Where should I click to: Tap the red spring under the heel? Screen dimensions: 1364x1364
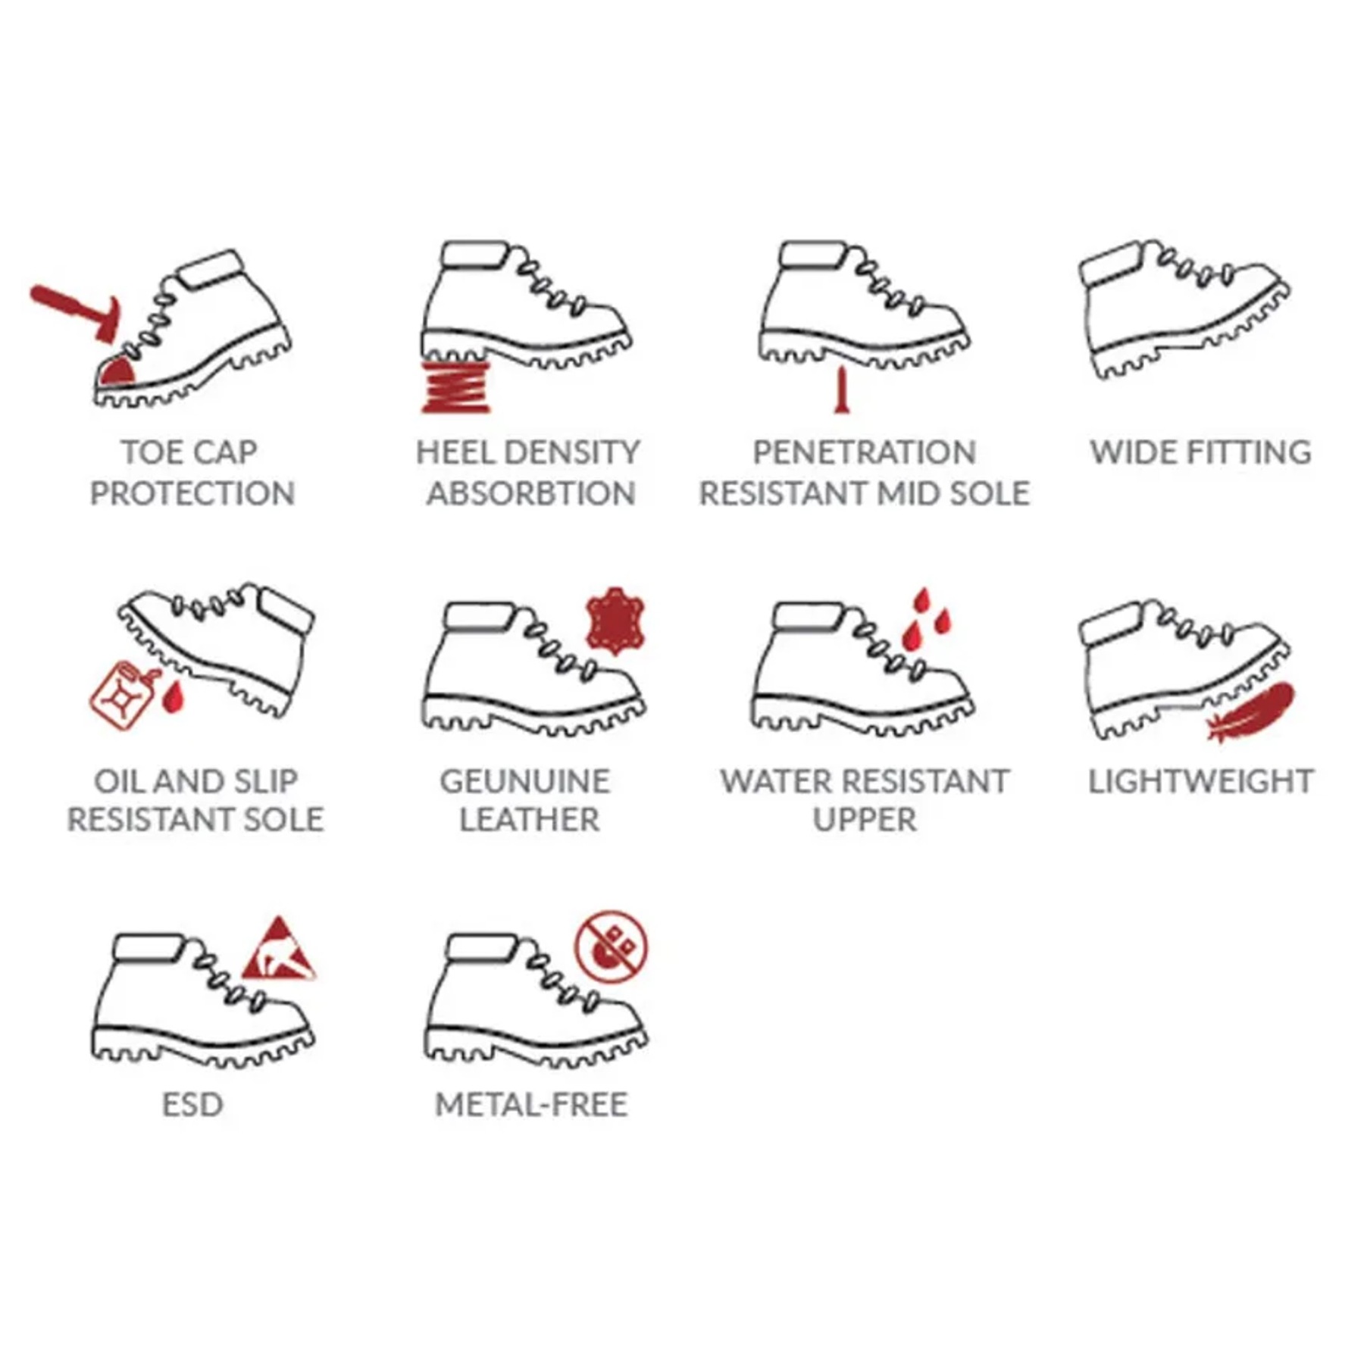[455, 387]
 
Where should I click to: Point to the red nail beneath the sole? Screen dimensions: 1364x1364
[840, 389]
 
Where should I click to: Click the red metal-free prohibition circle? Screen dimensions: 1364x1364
[611, 946]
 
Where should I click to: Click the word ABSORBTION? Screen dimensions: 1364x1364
[531, 493]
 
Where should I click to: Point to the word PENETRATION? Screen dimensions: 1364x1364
[865, 452]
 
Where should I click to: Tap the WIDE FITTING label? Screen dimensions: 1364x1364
[1200, 452]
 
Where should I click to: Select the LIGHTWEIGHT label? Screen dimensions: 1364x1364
[1201, 781]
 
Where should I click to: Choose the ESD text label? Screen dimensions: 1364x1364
[192, 1105]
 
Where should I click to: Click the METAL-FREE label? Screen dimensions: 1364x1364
[531, 1105]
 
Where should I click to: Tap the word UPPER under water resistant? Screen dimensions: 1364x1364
[865, 819]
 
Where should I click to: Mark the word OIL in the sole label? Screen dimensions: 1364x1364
[115, 781]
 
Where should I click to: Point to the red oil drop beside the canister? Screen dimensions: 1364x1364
[174, 697]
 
